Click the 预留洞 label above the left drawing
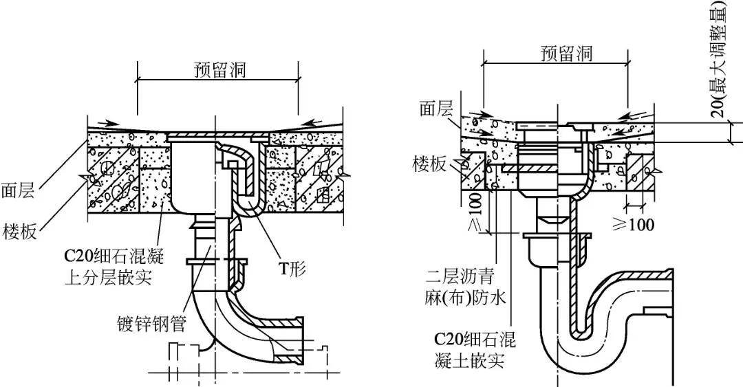coord(219,70)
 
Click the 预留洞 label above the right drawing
coord(566,54)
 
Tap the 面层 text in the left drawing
coord(19,190)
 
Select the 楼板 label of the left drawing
coord(19,229)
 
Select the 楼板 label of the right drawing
coord(430,163)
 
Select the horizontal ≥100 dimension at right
coord(633,224)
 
